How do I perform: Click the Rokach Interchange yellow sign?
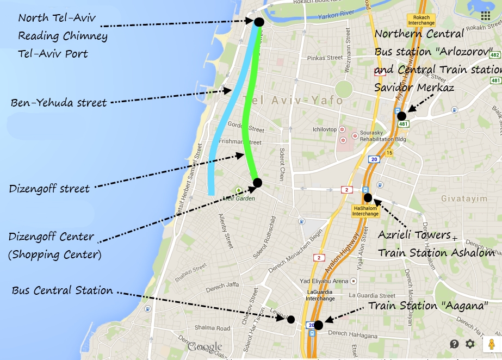(x=424, y=20)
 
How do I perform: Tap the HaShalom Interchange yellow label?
(x=365, y=211)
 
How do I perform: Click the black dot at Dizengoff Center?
(x=257, y=183)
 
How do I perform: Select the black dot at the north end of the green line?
(x=258, y=22)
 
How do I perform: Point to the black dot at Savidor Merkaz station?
(x=401, y=116)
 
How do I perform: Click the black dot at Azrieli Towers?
(x=368, y=197)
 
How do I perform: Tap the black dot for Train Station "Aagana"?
(x=318, y=325)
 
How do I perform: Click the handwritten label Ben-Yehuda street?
(x=59, y=102)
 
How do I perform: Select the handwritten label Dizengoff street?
(x=49, y=189)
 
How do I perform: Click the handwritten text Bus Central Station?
(x=62, y=290)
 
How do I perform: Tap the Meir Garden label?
(x=239, y=198)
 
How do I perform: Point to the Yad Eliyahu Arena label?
(x=325, y=282)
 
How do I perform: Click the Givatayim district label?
(x=463, y=198)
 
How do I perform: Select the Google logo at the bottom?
(x=205, y=347)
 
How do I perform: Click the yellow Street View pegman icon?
(x=491, y=344)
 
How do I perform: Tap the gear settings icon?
(x=470, y=344)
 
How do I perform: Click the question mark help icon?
(x=454, y=344)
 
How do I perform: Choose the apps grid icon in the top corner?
(x=486, y=16)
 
